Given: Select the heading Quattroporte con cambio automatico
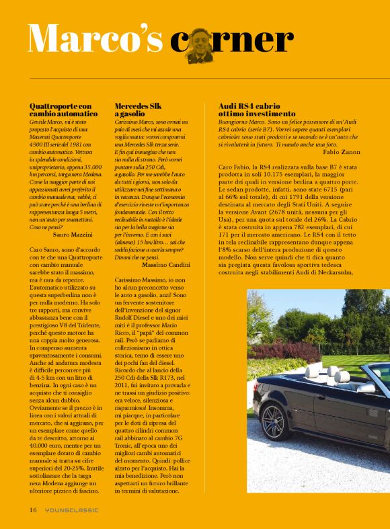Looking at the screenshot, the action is coord(61,111).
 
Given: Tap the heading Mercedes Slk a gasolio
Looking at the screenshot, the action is coord(137,111).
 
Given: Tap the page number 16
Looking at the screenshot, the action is coord(32,510).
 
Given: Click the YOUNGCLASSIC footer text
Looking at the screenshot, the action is coord(71,510).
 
